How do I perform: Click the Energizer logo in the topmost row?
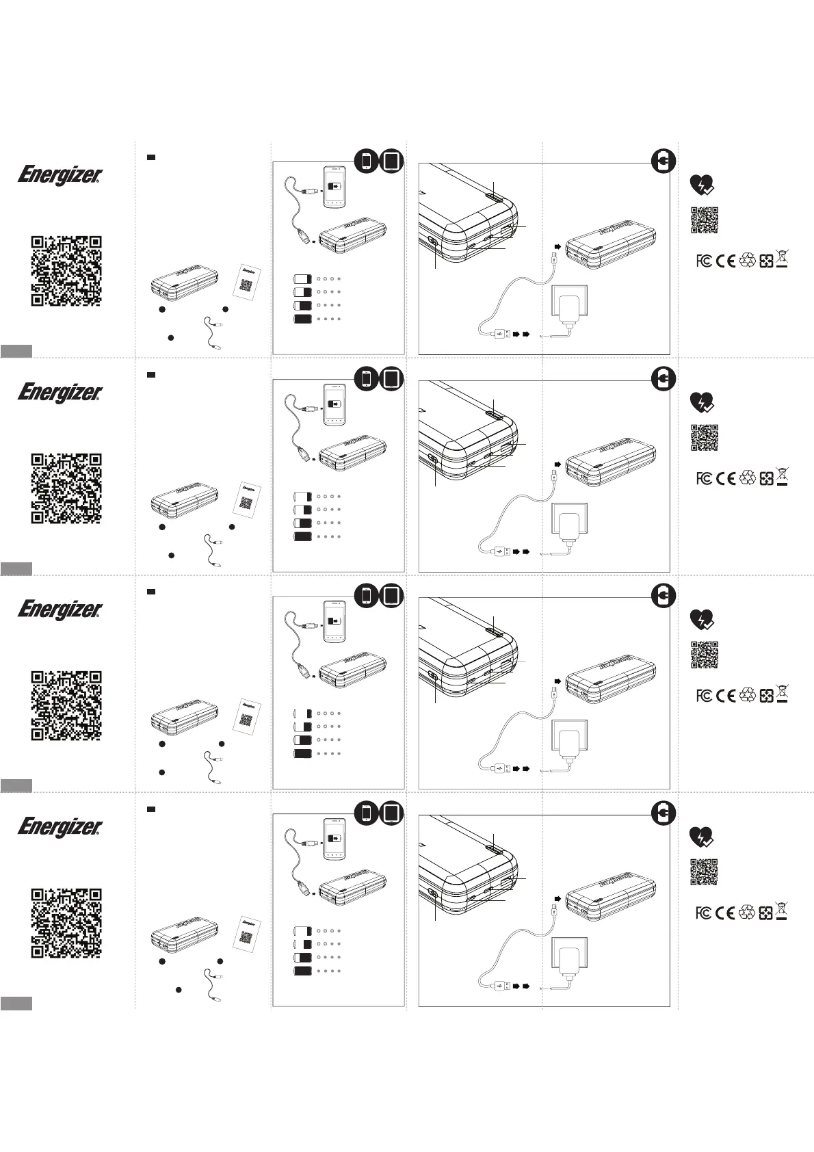click(x=60, y=175)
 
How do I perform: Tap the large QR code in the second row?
click(x=67, y=488)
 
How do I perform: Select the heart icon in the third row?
click(x=702, y=620)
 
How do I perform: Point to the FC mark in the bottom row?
click(x=703, y=913)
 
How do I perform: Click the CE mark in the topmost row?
click(x=725, y=261)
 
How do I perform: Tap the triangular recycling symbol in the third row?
click(x=747, y=695)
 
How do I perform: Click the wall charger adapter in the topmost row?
click(x=567, y=306)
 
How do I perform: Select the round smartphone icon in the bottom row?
click(x=367, y=813)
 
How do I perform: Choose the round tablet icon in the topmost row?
click(x=392, y=161)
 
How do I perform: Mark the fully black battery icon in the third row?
click(x=302, y=753)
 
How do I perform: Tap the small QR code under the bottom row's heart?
click(x=703, y=872)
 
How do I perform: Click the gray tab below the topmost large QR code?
click(x=16, y=351)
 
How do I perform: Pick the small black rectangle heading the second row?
click(x=152, y=375)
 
